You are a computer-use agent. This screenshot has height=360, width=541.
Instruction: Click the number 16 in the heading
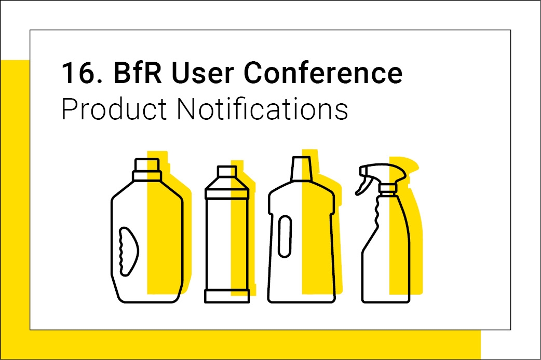point(78,73)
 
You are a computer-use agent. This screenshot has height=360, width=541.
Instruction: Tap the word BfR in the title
point(137,73)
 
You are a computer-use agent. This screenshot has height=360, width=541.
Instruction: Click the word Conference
point(323,73)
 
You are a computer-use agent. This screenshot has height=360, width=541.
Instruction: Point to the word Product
point(114,108)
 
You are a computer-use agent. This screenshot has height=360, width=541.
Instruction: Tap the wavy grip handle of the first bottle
point(128,252)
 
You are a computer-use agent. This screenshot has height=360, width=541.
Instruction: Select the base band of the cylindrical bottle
point(227,296)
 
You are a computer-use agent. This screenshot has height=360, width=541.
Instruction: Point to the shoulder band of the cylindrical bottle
point(227,194)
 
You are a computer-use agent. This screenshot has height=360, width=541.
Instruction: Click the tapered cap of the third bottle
point(301,169)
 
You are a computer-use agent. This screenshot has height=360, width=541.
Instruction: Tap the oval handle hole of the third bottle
point(285,236)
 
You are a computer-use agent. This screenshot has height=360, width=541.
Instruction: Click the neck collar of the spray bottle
point(388,189)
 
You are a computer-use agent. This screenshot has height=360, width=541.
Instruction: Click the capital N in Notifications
point(186,108)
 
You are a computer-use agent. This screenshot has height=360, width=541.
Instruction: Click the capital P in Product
point(71,109)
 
